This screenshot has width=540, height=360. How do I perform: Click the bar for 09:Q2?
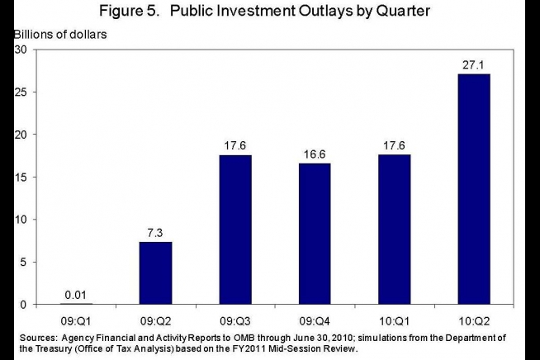pos(155,272)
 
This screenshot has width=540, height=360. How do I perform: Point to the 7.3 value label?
pos(155,232)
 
